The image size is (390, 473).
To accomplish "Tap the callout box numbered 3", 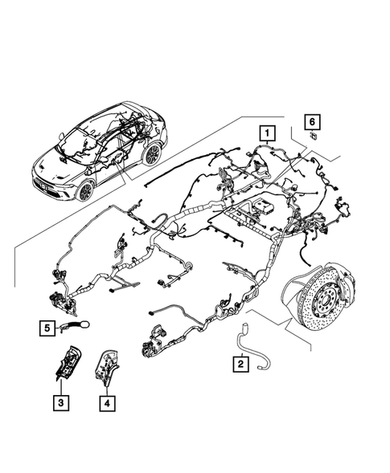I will click(60, 401).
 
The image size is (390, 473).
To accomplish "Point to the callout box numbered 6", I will click(311, 122).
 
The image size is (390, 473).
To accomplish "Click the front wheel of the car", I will click(86, 190).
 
